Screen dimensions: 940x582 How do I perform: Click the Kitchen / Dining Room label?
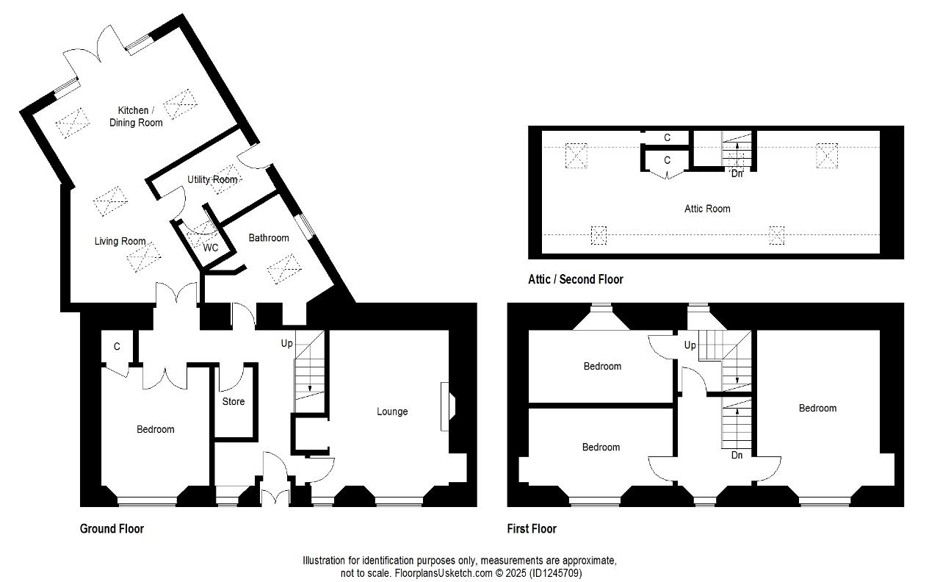(136, 116)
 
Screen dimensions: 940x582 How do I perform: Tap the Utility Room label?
(212, 180)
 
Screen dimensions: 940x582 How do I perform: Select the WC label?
(210, 248)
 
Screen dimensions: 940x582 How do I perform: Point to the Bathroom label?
(269, 237)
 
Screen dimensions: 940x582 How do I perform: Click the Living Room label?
(120, 241)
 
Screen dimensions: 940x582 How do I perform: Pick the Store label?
(234, 401)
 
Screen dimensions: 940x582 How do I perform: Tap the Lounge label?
(392, 412)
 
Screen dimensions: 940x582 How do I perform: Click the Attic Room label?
(707, 209)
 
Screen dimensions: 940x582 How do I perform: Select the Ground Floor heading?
(112, 528)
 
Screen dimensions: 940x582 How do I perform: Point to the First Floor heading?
(532, 528)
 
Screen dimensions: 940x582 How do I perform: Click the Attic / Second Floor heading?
(575, 279)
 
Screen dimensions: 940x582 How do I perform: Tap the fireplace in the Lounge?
(448, 406)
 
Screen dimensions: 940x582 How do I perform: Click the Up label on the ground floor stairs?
(286, 343)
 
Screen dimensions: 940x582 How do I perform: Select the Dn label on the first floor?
(737, 455)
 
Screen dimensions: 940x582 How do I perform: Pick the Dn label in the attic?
(737, 174)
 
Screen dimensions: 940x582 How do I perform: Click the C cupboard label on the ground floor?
(117, 346)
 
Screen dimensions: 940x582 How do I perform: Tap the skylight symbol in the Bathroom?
(284, 268)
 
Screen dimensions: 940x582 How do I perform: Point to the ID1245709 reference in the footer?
(556, 573)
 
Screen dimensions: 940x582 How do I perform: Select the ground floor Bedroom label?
(155, 429)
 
